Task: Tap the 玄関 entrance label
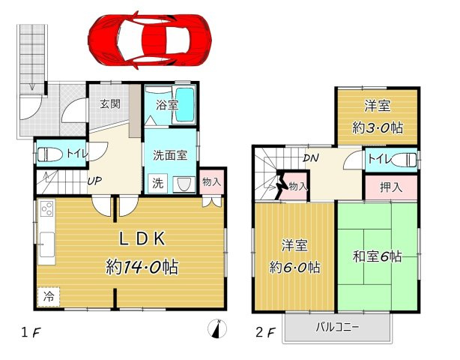coord(110,104)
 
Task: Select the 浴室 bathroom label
coord(167,105)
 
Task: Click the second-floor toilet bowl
coord(404,160)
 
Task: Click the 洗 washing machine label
coord(157,181)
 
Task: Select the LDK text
coord(142,239)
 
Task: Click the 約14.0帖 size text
coord(142,266)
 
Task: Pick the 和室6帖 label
coord(377,256)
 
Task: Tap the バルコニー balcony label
coord(337,328)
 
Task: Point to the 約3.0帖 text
coord(377,127)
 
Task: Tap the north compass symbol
coord(217,328)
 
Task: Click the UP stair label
coord(94,181)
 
